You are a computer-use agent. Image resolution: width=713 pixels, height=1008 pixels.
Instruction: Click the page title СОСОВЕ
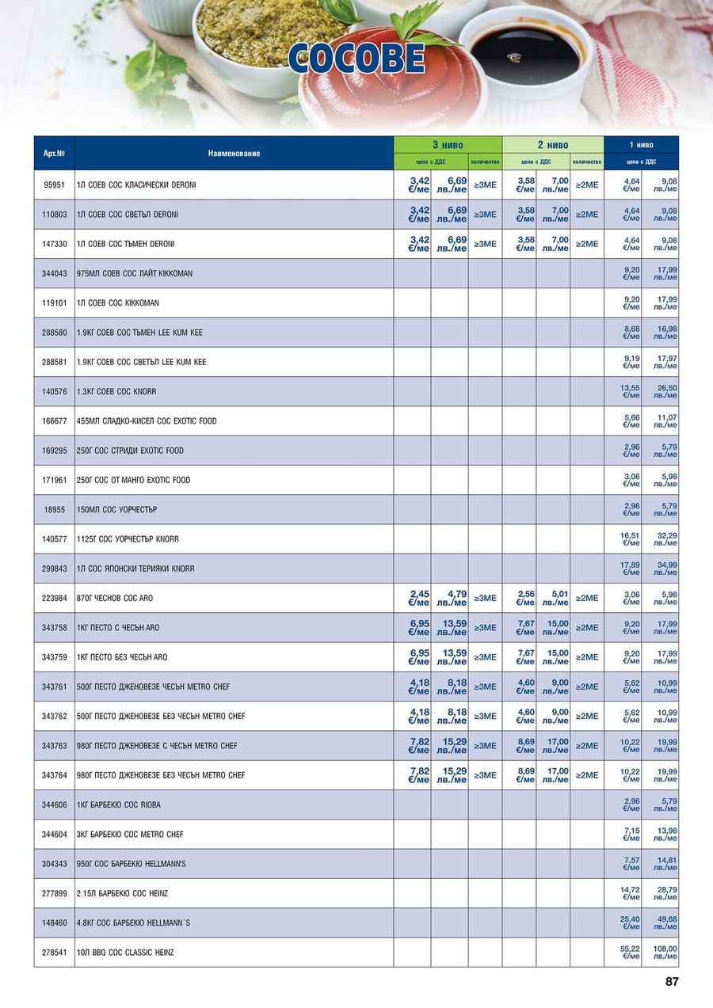point(356,59)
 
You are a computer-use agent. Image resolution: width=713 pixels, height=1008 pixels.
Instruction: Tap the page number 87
point(672,982)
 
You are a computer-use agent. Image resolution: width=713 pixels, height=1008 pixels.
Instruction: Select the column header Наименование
point(234,153)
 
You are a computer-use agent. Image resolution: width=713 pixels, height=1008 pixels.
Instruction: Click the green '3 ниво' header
point(448,145)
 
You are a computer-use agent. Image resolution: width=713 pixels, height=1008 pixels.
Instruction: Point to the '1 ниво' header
point(641,145)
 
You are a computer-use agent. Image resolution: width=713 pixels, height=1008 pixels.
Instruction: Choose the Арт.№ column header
point(54,153)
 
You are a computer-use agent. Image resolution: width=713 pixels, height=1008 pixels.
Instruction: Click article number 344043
point(54,273)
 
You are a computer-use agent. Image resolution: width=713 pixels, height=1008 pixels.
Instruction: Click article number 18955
point(54,509)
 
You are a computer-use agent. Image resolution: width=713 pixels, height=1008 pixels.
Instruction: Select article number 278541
point(54,953)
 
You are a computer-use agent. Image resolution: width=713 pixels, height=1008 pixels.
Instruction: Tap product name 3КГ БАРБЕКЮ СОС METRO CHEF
point(130,835)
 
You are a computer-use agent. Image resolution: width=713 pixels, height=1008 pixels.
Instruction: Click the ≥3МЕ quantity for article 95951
point(485,184)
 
